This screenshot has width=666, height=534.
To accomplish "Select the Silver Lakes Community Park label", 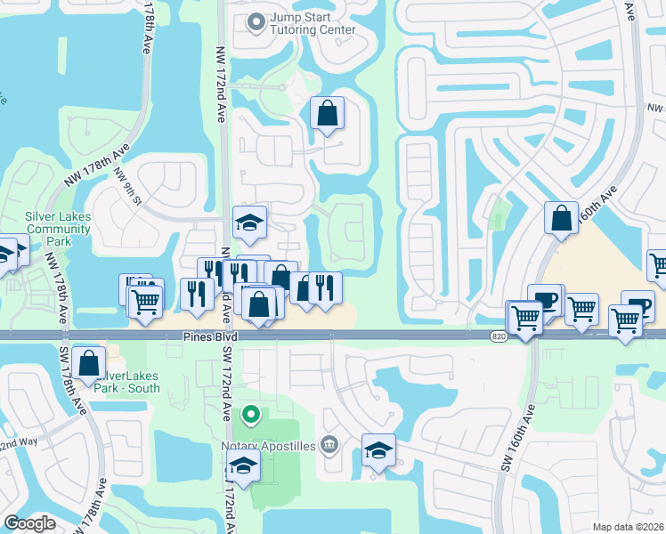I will coord(58,229).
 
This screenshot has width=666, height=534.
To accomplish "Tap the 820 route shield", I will coord(499,336).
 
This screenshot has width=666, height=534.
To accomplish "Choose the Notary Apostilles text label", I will coord(268,444).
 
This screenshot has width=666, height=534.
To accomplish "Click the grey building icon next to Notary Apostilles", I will coord(329,444).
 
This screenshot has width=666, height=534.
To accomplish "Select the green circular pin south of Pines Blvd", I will coord(251,414).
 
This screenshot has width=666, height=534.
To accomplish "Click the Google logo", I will coord(30,523).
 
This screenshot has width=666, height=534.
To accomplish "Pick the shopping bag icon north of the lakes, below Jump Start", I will coord(327,113).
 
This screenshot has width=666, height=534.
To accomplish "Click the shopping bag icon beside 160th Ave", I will coord(562,218).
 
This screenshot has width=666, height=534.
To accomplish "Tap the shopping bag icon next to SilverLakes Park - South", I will coord(89,363).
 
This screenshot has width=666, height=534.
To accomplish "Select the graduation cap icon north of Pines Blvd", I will coord(250,222).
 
